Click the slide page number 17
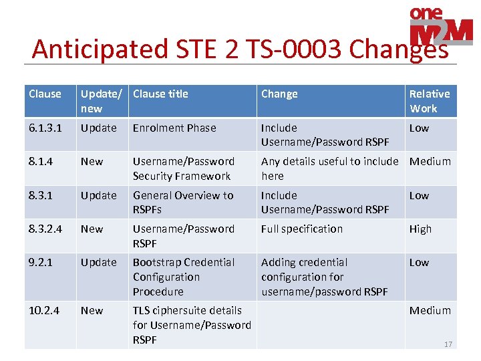pyautogui.click(x=448, y=344)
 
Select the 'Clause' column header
pyautogui.click(x=45, y=94)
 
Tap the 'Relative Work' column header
pyautogui.click(x=430, y=101)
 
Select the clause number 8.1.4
pyautogui.click(x=41, y=161)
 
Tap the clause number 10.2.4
pyautogui.click(x=44, y=310)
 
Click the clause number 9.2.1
pyautogui.click(x=41, y=262)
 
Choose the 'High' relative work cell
pyautogui.click(x=420, y=229)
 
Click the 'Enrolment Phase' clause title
pyautogui.click(x=174, y=128)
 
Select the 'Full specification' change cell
pyautogui.click(x=301, y=229)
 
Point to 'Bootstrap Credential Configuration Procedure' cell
pyautogui.click(x=184, y=277)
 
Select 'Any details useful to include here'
pyautogui.click(x=329, y=168)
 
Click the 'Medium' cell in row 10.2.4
pyautogui.click(x=430, y=310)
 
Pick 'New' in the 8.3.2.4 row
pyautogui.click(x=92, y=229)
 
